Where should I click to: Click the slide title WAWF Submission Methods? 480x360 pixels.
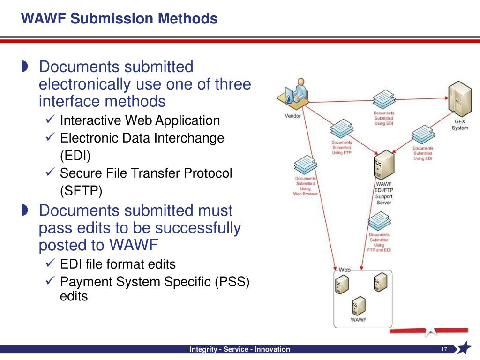tap(120, 19)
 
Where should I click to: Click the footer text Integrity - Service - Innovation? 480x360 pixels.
tap(240, 349)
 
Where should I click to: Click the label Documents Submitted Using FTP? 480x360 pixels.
tap(341, 148)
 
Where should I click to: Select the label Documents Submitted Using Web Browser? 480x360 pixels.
tap(305, 186)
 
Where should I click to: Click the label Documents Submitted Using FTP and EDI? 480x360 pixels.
tap(379, 242)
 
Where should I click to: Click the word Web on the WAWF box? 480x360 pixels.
tap(345, 270)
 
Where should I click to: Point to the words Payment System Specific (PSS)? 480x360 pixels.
tap(155, 282)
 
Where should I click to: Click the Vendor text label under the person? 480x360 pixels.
tap(293, 116)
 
